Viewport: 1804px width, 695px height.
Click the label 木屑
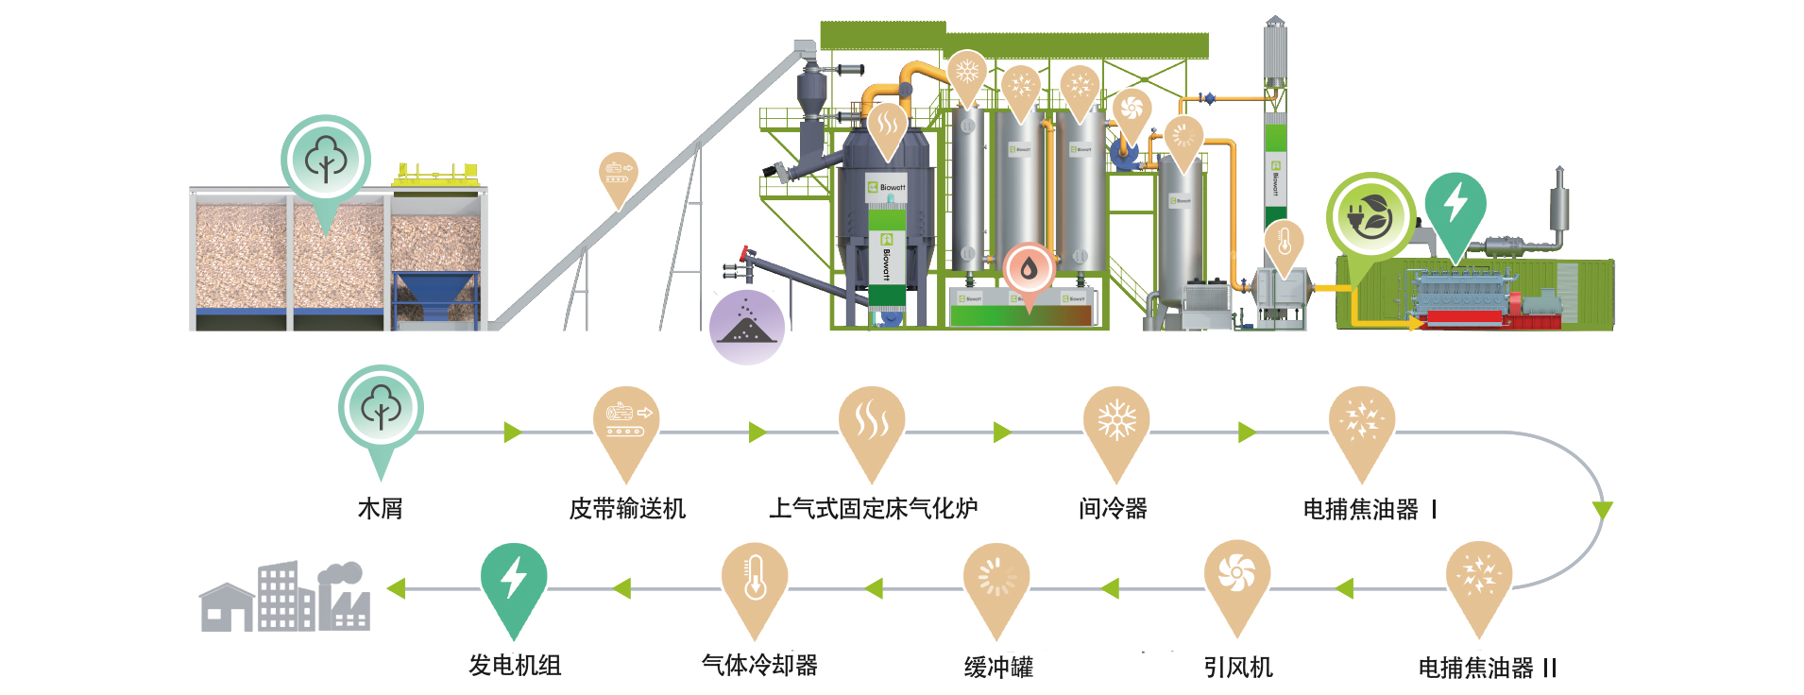pos(380,509)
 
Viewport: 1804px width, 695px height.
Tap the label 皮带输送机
pos(626,509)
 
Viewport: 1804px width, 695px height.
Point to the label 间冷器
pos(1113,509)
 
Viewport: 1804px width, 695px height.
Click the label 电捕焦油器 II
pos(1487,668)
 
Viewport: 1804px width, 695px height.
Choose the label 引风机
pos(1237,668)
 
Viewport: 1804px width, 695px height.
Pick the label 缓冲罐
pos(998,668)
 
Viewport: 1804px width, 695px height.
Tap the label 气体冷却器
pos(759,665)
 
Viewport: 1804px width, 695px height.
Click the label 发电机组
pos(515,665)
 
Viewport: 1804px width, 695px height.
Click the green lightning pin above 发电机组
pos(513,580)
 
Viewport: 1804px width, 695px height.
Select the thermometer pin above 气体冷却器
pos(755,580)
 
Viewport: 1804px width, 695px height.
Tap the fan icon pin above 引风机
pos(1236,576)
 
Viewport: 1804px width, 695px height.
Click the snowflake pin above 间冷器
pos(1115,422)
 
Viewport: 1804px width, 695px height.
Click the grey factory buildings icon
pos(285,597)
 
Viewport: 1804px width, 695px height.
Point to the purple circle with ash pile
pos(746,327)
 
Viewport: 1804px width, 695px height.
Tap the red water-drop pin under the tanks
pos(1030,271)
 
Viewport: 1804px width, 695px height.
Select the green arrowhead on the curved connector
pos(1602,510)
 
